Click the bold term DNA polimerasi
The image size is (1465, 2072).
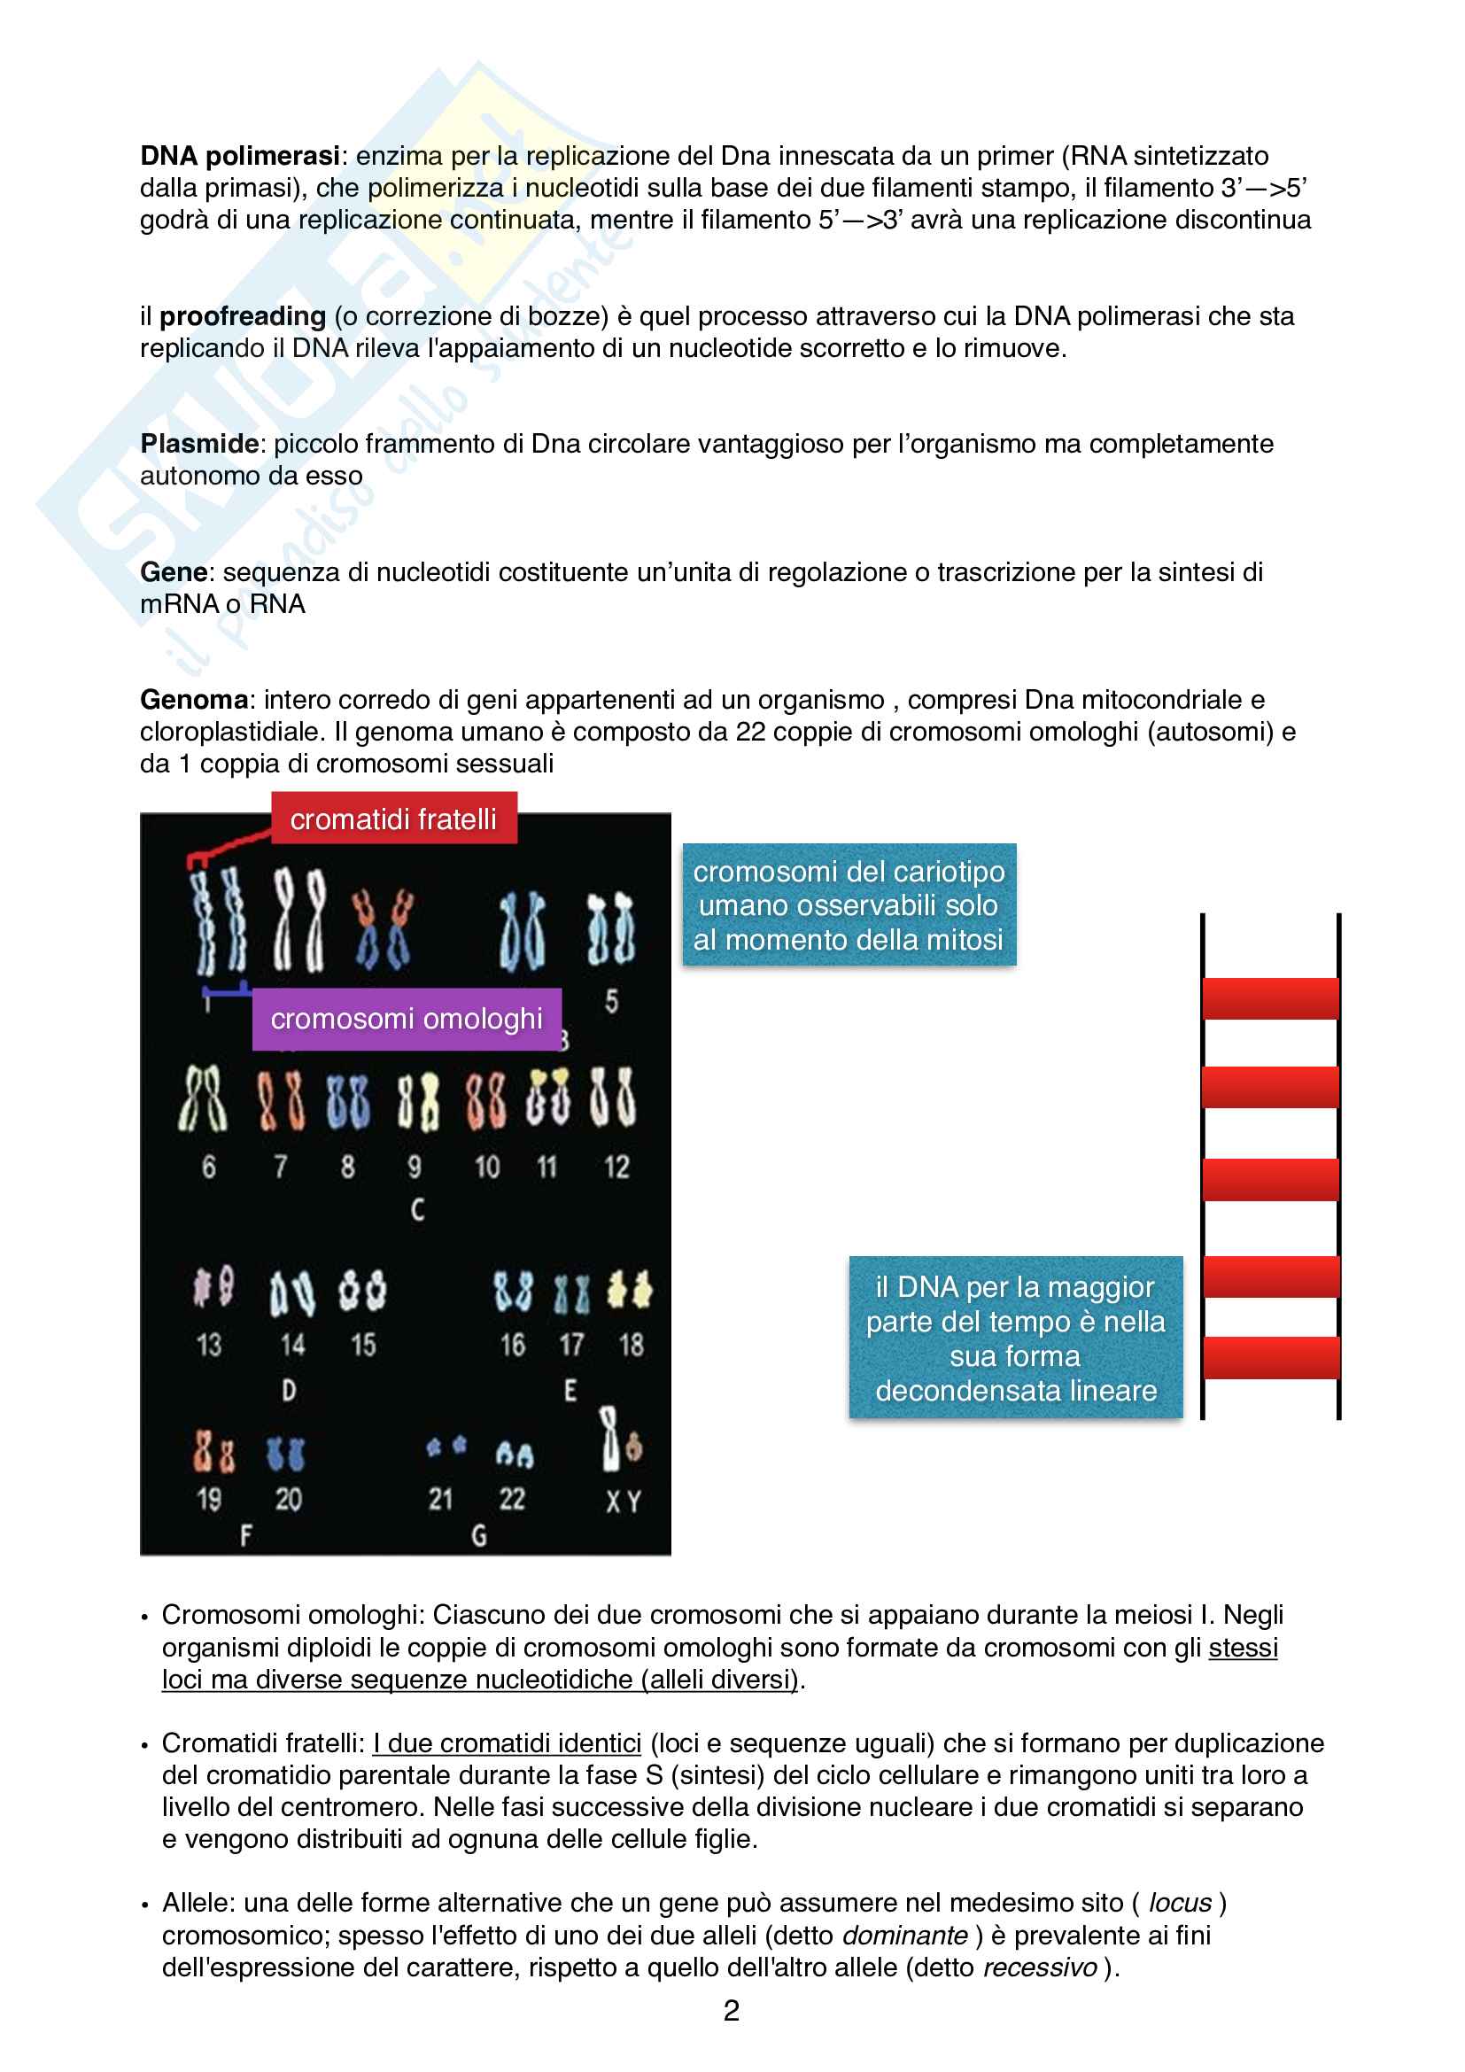point(239,156)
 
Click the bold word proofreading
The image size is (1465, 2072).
point(242,317)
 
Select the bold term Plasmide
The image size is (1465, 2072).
point(199,444)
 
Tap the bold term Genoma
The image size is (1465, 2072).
point(194,700)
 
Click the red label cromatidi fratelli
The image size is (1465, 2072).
point(393,819)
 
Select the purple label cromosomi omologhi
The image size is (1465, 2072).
point(406,1019)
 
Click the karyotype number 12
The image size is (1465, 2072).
point(616,1167)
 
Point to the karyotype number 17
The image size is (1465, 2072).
point(571,1345)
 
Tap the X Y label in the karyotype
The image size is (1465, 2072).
point(623,1502)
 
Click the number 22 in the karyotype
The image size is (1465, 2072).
point(512,1499)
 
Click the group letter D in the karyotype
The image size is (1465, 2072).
point(289,1390)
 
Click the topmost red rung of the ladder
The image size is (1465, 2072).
point(1270,998)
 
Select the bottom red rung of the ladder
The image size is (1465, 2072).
point(1270,1357)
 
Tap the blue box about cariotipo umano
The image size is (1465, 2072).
point(848,905)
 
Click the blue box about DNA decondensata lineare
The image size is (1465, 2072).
point(1015,1339)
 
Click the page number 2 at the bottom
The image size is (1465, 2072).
point(732,2011)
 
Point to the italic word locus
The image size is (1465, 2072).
point(1179,1903)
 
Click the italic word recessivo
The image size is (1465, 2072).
point(1039,1967)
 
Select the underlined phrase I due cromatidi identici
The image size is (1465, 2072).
point(507,1743)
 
